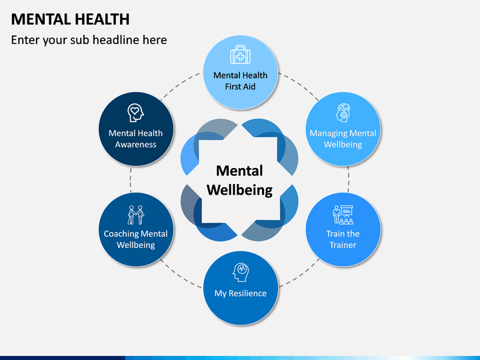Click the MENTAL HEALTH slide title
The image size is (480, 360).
point(71,19)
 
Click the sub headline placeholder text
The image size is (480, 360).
point(89,40)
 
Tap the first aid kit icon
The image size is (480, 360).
point(240,55)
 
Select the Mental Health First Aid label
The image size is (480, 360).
point(240,81)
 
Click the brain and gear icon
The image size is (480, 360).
point(343,112)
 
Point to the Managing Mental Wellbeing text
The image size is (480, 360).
point(343,139)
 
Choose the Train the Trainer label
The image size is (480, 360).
point(343,239)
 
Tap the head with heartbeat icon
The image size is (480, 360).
point(240,272)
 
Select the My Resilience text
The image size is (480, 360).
point(240,293)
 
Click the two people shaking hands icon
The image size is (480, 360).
point(136,215)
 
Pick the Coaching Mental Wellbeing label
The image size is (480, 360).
point(136,239)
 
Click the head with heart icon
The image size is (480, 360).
point(136,113)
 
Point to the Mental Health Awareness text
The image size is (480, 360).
point(136,139)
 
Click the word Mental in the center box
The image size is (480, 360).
point(240,171)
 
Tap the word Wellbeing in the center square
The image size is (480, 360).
point(240,190)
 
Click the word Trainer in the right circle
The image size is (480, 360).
point(343,245)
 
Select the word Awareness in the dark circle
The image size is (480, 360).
point(136,144)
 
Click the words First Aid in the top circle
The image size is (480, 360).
point(240,87)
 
